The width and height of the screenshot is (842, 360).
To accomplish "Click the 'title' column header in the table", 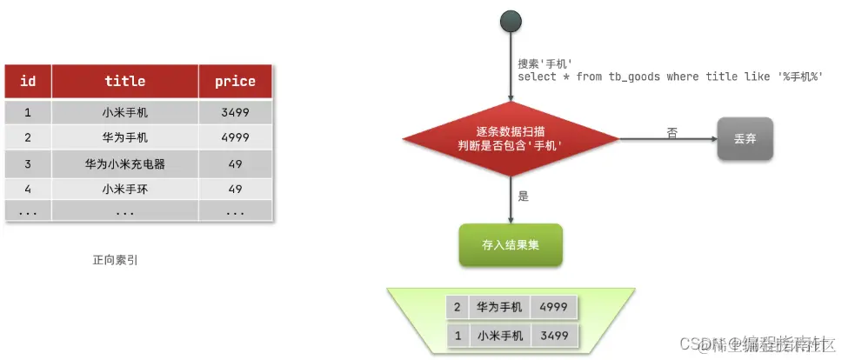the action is [124, 81].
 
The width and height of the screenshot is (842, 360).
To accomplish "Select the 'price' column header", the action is [235, 81].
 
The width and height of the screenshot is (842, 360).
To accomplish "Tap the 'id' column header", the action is [28, 81].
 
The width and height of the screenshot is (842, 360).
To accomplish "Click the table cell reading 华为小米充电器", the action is [124, 163].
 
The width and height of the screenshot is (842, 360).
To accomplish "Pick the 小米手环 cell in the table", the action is [124, 189].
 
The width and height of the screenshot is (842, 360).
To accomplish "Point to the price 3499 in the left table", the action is [235, 112].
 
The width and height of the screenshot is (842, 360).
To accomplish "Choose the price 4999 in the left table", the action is [235, 137].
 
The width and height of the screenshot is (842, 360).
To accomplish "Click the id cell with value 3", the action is [28, 163].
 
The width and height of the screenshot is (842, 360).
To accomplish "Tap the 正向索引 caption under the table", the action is [116, 259].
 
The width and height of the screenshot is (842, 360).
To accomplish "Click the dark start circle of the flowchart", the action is [511, 23].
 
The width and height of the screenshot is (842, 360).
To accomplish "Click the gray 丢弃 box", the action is [745, 138].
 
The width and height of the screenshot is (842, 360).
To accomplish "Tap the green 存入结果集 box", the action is [511, 245].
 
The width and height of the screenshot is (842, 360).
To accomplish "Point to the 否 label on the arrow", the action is [672, 132].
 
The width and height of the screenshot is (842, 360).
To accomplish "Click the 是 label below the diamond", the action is [524, 197].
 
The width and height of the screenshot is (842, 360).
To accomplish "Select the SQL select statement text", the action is [670, 77].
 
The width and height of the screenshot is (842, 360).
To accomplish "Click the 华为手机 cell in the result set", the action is [499, 307].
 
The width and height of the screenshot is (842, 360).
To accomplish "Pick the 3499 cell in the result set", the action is [553, 335].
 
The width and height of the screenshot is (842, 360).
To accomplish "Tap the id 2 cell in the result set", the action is [457, 307].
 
